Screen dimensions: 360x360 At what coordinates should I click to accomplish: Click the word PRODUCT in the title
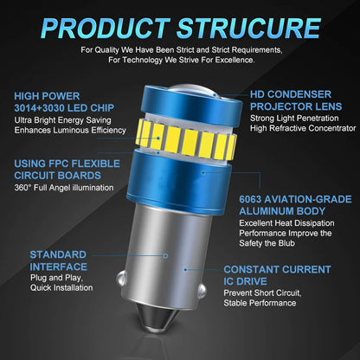[x=106, y=29]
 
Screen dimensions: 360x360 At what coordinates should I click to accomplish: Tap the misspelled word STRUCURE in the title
[x=249, y=29]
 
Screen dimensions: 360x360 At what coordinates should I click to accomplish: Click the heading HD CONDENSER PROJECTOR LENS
[x=296, y=100]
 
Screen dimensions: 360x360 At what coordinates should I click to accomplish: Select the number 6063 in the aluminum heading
[x=250, y=199]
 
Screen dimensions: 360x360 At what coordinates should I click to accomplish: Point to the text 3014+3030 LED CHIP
[x=64, y=108]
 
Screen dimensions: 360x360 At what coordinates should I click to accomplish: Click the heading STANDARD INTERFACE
[x=58, y=260]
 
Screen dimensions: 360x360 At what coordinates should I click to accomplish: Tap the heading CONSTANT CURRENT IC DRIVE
[x=277, y=275]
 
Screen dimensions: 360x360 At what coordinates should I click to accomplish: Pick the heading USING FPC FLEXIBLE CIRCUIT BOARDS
[x=67, y=170]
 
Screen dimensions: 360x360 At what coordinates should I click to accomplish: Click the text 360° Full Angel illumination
[x=64, y=188]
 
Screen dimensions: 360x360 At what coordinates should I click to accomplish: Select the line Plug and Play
[x=56, y=278]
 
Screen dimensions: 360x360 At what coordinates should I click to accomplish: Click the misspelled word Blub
[x=286, y=243]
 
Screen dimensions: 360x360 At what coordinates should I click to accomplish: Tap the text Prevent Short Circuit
[x=262, y=293]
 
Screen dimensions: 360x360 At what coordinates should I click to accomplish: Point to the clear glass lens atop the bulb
[x=194, y=90]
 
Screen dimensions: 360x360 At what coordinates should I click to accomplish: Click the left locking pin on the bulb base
[x=120, y=279]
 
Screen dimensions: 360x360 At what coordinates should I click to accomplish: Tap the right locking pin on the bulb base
[x=203, y=290]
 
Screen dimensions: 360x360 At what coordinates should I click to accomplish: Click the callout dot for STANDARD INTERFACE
[x=165, y=255]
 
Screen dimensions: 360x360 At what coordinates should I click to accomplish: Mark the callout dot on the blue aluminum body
[x=203, y=173]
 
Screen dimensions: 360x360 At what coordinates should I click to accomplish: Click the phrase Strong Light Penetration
[x=294, y=119]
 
